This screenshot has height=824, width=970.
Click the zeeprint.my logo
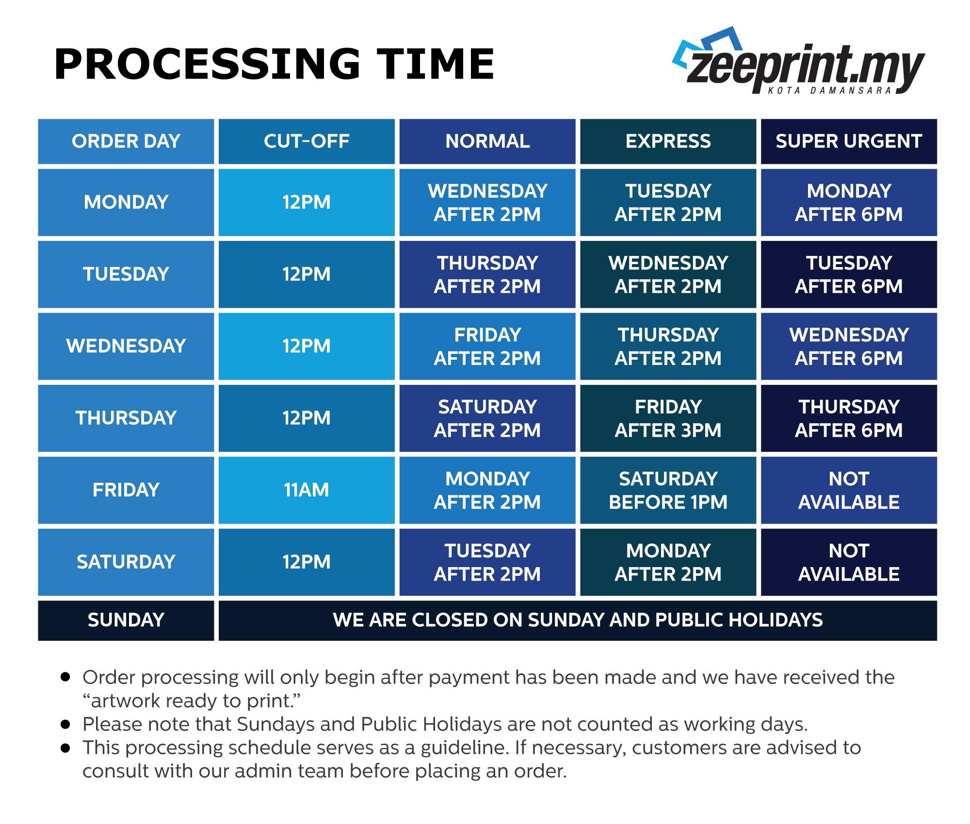pos(798,61)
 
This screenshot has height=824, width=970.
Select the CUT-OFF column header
pos(307,142)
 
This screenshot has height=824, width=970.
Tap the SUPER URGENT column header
pos(849,142)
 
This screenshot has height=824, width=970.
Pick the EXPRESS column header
pos(668,142)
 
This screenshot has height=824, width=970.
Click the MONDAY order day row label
pos(126,202)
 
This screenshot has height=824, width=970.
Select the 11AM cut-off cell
pos(307,490)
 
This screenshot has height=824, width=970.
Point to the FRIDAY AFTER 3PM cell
pos(668,418)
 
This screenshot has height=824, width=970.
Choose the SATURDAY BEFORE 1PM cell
pos(668,490)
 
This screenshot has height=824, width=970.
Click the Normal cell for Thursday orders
pos(487,418)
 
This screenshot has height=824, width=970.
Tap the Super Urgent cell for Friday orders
pos(849,490)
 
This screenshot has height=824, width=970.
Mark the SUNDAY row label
pos(126,620)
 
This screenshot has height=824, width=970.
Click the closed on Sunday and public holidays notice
pos(578,620)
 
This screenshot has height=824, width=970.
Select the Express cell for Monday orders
pos(668,202)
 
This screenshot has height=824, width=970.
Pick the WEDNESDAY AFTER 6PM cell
pos(849,346)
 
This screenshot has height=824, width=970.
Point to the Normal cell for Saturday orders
pos(487,562)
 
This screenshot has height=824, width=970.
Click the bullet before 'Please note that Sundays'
pos(65,725)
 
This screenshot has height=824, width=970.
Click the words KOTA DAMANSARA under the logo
pos(830,91)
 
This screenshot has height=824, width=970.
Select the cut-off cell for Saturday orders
pos(307,562)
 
